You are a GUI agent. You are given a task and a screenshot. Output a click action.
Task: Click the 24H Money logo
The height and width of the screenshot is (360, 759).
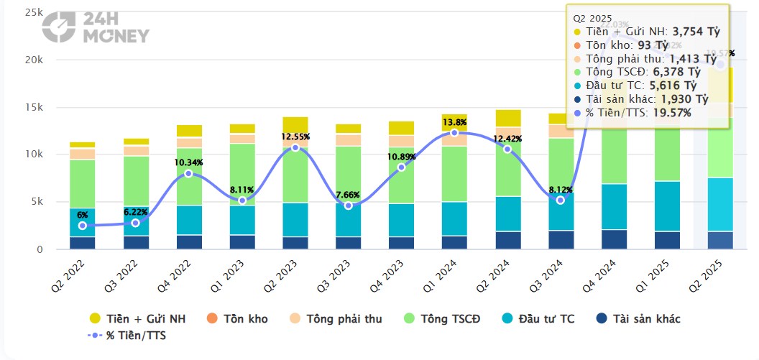pos(95,28)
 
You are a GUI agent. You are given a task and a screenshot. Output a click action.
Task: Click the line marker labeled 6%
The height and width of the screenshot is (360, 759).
pos(83,226)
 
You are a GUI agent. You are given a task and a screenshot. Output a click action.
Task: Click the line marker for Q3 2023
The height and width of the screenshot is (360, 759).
pos(348,206)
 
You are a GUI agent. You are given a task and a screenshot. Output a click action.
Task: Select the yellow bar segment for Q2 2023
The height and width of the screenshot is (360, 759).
pos(295,124)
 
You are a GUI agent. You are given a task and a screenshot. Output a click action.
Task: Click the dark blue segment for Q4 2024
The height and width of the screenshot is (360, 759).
pos(613,239)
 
